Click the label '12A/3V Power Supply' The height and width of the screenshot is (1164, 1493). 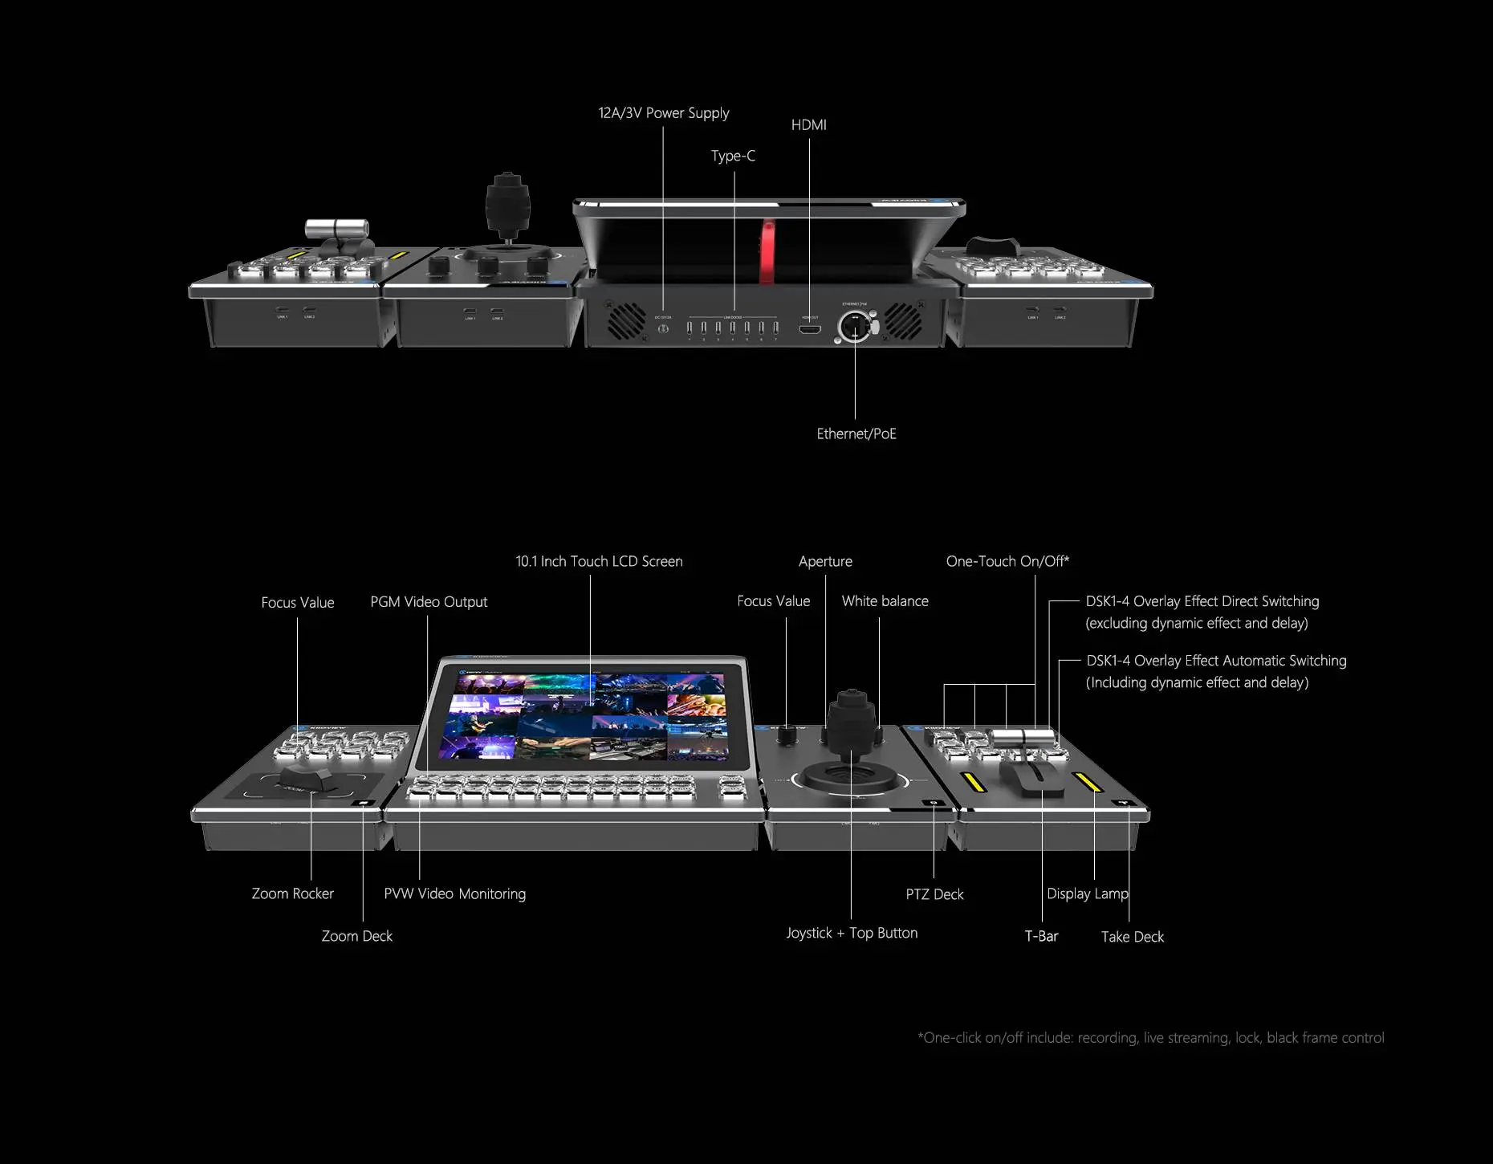click(664, 113)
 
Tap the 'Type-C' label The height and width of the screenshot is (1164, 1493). click(733, 156)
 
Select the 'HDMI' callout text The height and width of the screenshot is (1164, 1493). click(808, 124)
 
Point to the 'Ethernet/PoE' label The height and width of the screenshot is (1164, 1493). click(856, 433)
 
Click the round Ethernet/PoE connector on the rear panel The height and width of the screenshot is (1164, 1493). click(854, 327)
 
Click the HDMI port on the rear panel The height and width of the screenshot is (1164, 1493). click(810, 328)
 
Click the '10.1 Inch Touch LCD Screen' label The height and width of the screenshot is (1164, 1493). click(599, 561)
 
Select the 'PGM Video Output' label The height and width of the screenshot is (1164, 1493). click(429, 602)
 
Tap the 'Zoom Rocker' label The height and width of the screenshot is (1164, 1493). click(292, 893)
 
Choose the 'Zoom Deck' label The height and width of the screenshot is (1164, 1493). click(357, 936)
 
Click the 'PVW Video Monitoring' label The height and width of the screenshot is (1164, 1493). click(455, 893)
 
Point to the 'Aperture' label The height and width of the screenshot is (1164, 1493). click(825, 561)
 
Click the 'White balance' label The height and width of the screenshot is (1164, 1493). click(885, 601)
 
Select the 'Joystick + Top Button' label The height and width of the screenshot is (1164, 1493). click(852, 933)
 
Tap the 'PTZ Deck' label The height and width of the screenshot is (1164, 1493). click(934, 894)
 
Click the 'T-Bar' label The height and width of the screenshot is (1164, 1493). click(1041, 936)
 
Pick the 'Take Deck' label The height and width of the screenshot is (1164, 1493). click(1132, 937)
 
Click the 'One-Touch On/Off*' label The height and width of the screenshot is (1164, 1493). click(1007, 561)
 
